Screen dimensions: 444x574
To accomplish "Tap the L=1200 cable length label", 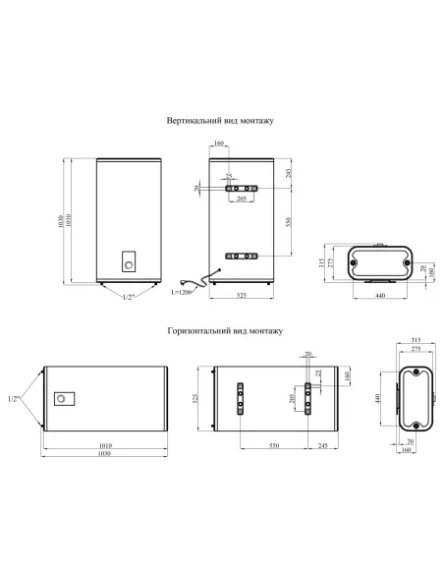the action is [181, 293].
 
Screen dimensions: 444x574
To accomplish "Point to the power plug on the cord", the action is [184, 282].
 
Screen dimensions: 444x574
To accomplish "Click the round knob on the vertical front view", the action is [129, 265].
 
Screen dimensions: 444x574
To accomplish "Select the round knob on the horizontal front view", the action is [61, 398].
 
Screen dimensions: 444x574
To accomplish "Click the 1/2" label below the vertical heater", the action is [129, 297].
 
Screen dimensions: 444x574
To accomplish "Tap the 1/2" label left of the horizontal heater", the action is [14, 399].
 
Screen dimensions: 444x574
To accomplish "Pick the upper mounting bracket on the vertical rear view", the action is [242, 189].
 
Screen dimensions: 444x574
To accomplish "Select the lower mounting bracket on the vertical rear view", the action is [242, 256].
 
